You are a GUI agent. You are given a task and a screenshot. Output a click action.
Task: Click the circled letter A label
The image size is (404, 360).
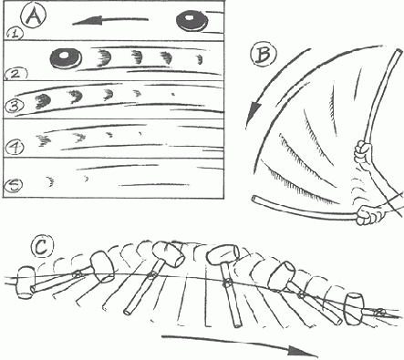click(x=34, y=16)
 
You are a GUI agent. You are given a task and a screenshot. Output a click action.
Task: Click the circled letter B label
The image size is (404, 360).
click(x=264, y=56)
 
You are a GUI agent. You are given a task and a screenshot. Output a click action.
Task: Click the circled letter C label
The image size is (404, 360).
click(x=42, y=247)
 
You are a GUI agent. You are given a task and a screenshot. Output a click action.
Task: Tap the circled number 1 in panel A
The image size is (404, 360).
click(x=15, y=34)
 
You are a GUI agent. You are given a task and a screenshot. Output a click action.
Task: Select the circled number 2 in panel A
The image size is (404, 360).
click(x=16, y=74)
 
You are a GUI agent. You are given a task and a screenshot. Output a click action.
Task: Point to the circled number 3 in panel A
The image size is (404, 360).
click(x=15, y=107)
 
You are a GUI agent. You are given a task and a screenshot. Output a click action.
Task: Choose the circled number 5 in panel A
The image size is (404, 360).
click(x=13, y=186)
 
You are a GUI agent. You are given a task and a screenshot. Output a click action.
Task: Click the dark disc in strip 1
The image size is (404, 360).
click(x=192, y=21)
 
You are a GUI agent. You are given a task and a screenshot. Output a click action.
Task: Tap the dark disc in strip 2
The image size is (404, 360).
click(x=67, y=57)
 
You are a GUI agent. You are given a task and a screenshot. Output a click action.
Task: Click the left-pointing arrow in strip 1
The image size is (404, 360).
click(x=110, y=21)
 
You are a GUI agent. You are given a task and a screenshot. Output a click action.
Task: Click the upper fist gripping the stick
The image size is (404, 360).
click(x=364, y=151)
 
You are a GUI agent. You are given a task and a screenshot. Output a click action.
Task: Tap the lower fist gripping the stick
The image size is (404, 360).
click(x=368, y=215)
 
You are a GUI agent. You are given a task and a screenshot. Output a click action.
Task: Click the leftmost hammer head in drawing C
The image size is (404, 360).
click(x=26, y=283)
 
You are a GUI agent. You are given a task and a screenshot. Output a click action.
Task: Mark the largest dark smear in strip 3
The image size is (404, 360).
click(x=44, y=100)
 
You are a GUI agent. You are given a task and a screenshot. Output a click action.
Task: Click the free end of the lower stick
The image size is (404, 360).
click(x=254, y=199)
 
